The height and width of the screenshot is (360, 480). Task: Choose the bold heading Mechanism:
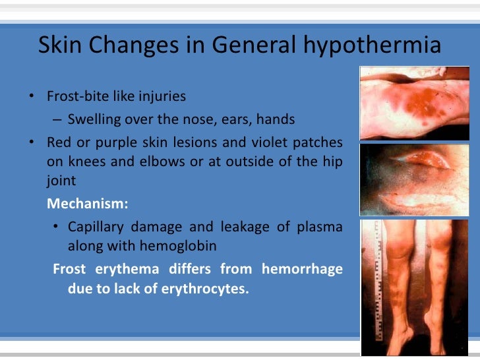88,204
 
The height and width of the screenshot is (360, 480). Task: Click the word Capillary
96,227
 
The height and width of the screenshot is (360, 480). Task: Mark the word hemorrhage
303,269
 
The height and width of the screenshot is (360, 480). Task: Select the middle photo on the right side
414,179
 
